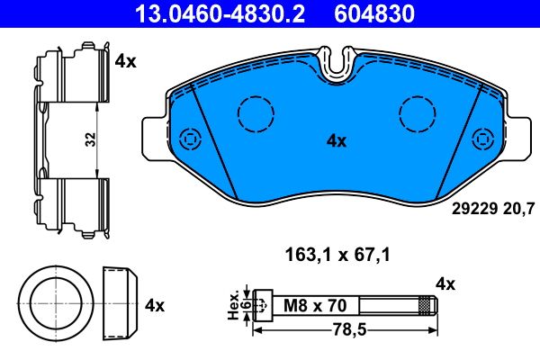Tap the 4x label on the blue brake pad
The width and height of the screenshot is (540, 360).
click(336, 140)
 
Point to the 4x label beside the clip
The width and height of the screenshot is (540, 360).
click(125, 61)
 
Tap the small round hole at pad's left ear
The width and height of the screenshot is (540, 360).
click(190, 139)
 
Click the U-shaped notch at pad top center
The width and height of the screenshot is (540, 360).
click(338, 64)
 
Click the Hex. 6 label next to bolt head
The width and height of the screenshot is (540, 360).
click(235, 305)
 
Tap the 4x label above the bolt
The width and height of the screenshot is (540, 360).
click(445, 283)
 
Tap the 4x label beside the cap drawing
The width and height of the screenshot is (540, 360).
click(154, 305)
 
